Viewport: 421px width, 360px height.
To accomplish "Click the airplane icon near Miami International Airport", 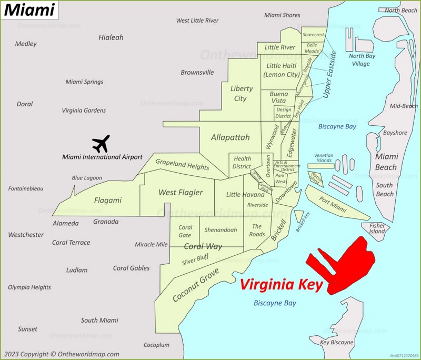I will pyautogui.click(x=101, y=143).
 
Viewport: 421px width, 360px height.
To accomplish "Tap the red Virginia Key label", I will pyautogui.click(x=281, y=285).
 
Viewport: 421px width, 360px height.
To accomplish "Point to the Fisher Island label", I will pyautogui.click(x=377, y=228).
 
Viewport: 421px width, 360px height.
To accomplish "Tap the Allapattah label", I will pyautogui.click(x=230, y=137).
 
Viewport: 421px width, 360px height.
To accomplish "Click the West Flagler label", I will pyautogui.click(x=181, y=193).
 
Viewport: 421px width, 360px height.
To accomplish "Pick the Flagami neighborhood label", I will pyautogui.click(x=107, y=200).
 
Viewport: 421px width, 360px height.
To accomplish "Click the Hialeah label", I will pyautogui.click(x=111, y=37).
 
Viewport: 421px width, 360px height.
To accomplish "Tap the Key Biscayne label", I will pyautogui.click(x=337, y=342).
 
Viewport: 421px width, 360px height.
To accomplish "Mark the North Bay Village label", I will pyautogui.click(x=362, y=60).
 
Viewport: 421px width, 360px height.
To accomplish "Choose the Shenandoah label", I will pyautogui.click(x=220, y=230).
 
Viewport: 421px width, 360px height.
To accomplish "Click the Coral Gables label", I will pyautogui.click(x=132, y=268).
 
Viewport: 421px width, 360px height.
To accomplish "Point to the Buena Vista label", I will pyautogui.click(x=279, y=97).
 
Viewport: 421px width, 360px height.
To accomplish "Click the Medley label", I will pyautogui.click(x=26, y=44).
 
